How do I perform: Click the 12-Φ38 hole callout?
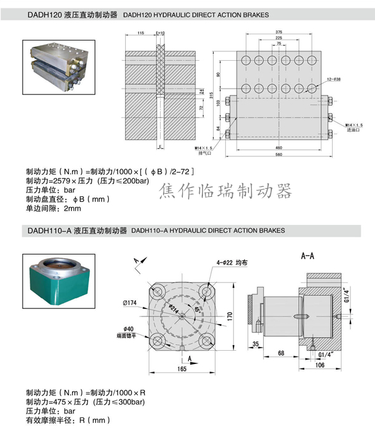pos(333,79)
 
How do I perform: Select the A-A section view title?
pos(308,256)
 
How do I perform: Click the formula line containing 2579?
pos(87,181)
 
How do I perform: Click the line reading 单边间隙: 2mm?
pos(54,208)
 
